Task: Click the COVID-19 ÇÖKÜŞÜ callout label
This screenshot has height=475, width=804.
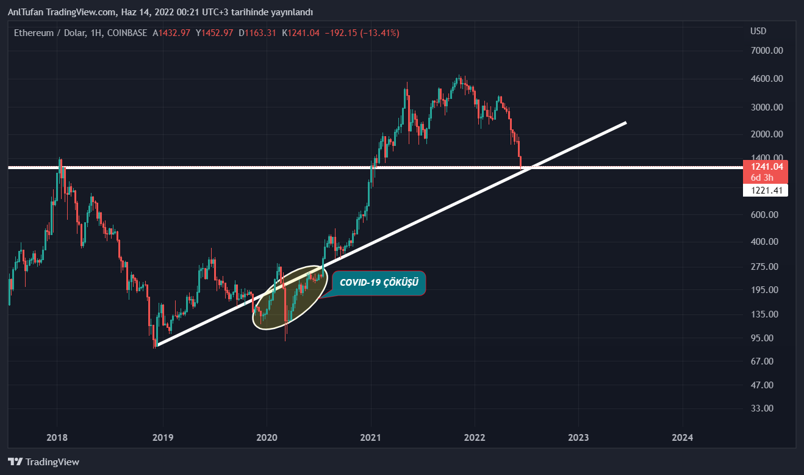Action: click(x=378, y=283)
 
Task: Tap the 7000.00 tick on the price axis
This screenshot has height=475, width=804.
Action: click(x=766, y=51)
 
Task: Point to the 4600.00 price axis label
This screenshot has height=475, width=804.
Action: click(x=766, y=79)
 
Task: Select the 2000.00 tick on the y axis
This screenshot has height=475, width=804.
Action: click(x=766, y=134)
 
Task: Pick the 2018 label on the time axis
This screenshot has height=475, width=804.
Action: click(x=57, y=437)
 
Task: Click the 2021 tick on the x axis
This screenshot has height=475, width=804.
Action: click(x=371, y=437)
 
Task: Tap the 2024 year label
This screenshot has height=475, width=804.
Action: click(x=682, y=437)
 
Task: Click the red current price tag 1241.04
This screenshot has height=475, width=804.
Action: click(x=766, y=166)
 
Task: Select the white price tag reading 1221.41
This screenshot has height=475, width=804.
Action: click(x=766, y=190)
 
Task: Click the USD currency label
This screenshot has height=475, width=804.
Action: click(x=758, y=31)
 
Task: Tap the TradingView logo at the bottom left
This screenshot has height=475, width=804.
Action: click(x=43, y=462)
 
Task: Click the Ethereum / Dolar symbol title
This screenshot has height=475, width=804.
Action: click(x=50, y=33)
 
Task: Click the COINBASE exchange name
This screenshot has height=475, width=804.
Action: click(x=126, y=33)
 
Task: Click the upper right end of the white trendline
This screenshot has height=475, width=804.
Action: click(x=625, y=123)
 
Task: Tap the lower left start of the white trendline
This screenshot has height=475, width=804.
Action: click(x=157, y=346)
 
